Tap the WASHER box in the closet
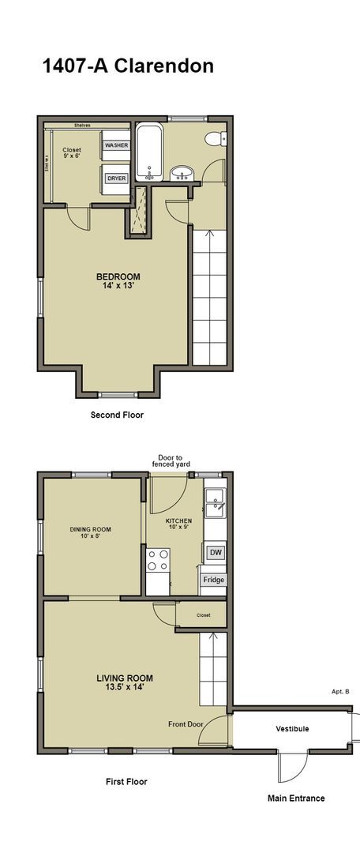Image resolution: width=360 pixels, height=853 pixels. pyautogui.click(x=116, y=146)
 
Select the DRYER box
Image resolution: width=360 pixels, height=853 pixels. pyautogui.click(x=116, y=178)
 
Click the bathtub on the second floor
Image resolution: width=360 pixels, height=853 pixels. pyautogui.click(x=149, y=152)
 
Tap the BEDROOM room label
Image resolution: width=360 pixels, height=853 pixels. pyautogui.click(x=118, y=276)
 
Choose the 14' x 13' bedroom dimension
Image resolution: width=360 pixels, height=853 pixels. pyautogui.click(x=118, y=286)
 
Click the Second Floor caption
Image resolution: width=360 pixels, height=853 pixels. pyautogui.click(x=117, y=414)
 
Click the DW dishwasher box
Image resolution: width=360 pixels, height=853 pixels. pyautogui.click(x=214, y=553)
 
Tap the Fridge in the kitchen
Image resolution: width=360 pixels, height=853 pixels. pyautogui.click(x=214, y=580)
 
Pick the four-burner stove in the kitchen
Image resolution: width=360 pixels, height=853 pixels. pyautogui.click(x=158, y=560)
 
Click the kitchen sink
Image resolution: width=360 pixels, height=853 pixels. pyautogui.click(x=214, y=502)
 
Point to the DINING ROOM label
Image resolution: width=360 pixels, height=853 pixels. pyautogui.click(x=91, y=529)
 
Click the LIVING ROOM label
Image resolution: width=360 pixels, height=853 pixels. pyautogui.click(x=125, y=678)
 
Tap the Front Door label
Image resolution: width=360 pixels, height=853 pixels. pyautogui.click(x=186, y=723)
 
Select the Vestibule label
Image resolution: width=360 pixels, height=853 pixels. pyautogui.click(x=292, y=728)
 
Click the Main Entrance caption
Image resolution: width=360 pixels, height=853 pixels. pyautogui.click(x=296, y=798)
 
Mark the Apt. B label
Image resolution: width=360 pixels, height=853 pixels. pyautogui.click(x=340, y=692)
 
